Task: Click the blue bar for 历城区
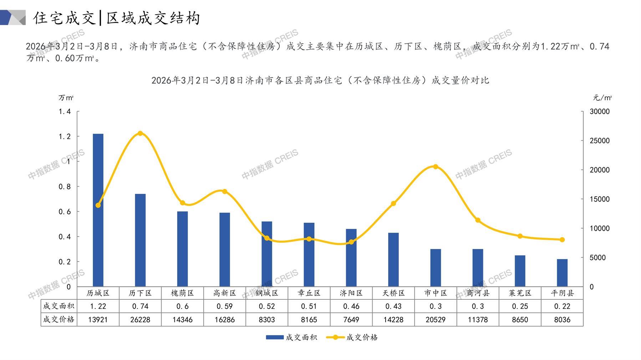click(x=98, y=210)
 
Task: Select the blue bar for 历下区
click(x=140, y=240)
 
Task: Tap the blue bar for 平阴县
click(x=562, y=273)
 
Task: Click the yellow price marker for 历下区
click(x=140, y=133)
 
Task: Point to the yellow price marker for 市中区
click(x=436, y=166)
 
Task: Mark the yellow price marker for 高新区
click(x=225, y=191)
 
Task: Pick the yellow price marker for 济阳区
click(x=351, y=242)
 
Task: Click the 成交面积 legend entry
click(x=291, y=337)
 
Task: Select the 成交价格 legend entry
click(x=352, y=337)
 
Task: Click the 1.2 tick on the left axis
click(x=65, y=137)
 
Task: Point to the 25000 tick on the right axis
click(x=600, y=141)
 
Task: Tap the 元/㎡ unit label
click(x=602, y=98)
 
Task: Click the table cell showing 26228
click(x=140, y=320)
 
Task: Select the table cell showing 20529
click(x=436, y=320)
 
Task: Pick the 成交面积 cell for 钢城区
click(x=267, y=306)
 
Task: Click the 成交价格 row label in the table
click(x=59, y=319)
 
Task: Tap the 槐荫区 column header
click(x=182, y=293)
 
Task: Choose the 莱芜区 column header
click(x=520, y=293)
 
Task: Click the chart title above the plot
click(x=320, y=80)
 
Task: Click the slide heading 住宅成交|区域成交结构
click(x=117, y=18)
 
